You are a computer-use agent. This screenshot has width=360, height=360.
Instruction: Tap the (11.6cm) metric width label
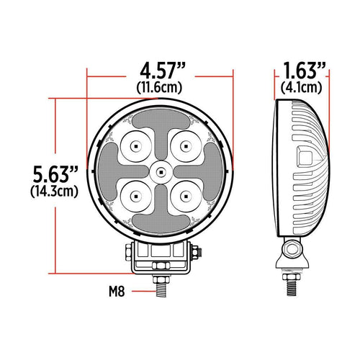point(161,88)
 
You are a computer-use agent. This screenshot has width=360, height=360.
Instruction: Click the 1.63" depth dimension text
point(302,72)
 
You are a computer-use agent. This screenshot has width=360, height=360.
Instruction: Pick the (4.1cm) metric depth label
point(302,88)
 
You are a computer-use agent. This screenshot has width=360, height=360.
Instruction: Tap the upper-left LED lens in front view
point(135,145)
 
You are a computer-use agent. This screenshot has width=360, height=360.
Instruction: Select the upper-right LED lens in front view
point(185,145)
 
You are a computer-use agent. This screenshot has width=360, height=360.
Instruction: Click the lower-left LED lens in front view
point(135,195)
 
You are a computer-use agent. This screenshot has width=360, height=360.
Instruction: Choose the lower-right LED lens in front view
point(185,195)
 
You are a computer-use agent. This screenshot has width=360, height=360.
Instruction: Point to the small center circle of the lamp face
point(160,171)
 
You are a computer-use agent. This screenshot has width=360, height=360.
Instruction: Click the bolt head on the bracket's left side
point(127,252)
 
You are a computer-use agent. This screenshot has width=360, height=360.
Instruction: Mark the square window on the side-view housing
point(305,158)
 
